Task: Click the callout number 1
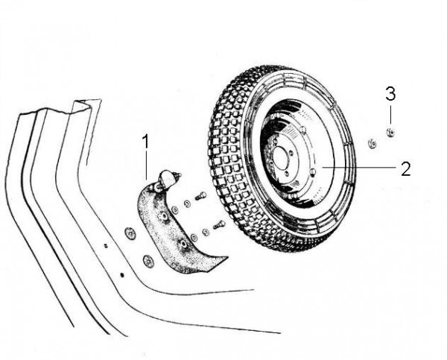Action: pos(146,140)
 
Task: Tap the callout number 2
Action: pos(405,168)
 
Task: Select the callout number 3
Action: pos(390,95)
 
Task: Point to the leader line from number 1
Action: pos(147,164)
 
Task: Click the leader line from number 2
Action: pos(358,168)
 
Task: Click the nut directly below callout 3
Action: pos(390,133)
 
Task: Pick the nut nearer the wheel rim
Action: pos(371,143)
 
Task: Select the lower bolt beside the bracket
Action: pos(218,224)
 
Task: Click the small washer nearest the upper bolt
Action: pos(187,203)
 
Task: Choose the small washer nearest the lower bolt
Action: pos(206,232)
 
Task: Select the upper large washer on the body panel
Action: pos(130,233)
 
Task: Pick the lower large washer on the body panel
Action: pos(148,261)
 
